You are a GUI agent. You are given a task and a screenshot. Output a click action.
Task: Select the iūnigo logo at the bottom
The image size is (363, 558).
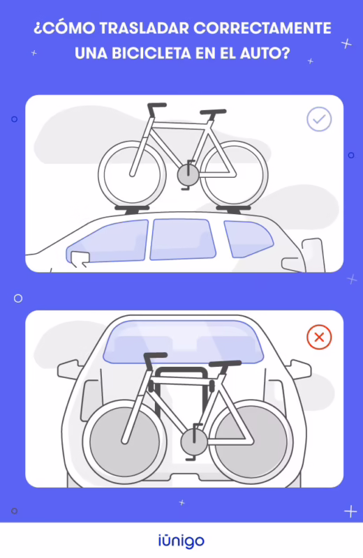(181, 540)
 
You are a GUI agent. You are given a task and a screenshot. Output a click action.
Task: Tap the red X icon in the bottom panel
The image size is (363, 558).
(319, 338)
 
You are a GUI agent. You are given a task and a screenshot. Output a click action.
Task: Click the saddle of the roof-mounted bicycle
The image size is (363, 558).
(213, 112)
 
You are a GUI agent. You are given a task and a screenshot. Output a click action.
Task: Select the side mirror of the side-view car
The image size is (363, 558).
(79, 257)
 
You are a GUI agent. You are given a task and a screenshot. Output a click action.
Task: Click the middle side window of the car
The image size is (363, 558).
(181, 239)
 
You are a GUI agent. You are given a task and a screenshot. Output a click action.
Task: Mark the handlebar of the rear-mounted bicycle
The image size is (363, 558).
(155, 358)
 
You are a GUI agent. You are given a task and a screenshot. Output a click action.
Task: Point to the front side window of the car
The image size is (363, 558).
(108, 241)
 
